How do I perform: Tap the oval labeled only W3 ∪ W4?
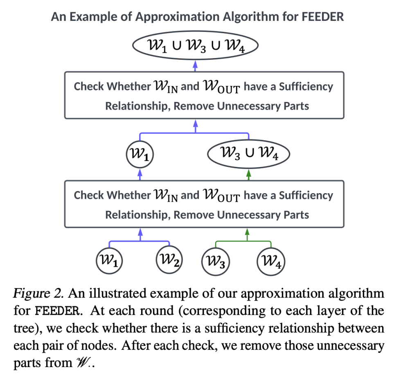[x=249, y=155]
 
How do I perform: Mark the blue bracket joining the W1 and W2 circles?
[x=140, y=241]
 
